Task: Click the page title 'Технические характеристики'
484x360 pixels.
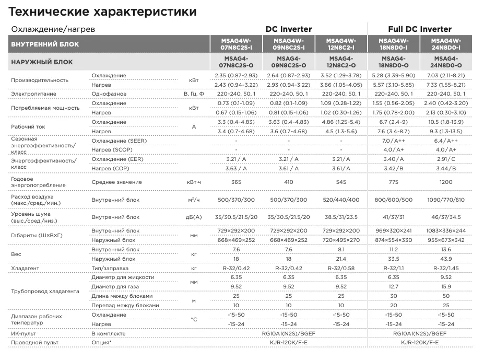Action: (x=103, y=11)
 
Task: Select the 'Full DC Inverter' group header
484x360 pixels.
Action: (x=420, y=29)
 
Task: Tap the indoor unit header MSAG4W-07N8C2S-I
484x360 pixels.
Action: (x=236, y=44)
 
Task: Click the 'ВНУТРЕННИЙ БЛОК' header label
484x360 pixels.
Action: (x=45, y=44)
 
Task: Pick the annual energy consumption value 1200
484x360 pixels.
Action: (x=446, y=182)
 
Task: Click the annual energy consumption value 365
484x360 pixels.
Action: (x=236, y=182)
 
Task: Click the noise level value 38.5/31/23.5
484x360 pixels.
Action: (x=341, y=216)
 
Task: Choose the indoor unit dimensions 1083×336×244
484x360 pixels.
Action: (x=446, y=230)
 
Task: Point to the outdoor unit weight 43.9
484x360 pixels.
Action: (x=446, y=259)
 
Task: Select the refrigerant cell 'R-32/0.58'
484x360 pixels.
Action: (x=341, y=268)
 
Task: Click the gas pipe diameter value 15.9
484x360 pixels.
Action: (x=446, y=286)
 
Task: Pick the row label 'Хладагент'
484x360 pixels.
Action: (x=25, y=268)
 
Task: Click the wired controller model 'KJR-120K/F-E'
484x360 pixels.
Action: (x=420, y=342)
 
